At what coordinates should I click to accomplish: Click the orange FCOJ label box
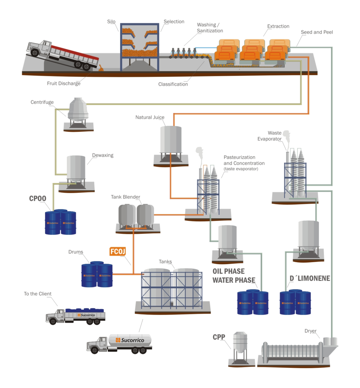pos(117,251)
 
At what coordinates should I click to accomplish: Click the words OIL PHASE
pos(228,271)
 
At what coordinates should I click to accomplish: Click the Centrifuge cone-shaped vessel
pos(78,110)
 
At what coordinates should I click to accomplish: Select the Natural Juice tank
pos(171,140)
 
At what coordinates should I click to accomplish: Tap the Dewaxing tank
pos(76,167)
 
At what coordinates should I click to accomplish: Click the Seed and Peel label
pos(316,32)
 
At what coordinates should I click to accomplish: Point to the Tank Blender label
pos(125,197)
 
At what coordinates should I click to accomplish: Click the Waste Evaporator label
pos(275,136)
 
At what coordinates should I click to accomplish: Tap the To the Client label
pos(38,294)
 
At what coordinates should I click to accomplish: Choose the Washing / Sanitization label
pos(210,28)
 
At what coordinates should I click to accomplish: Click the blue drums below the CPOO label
pos(60,223)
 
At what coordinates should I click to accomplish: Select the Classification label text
pos(173,84)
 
